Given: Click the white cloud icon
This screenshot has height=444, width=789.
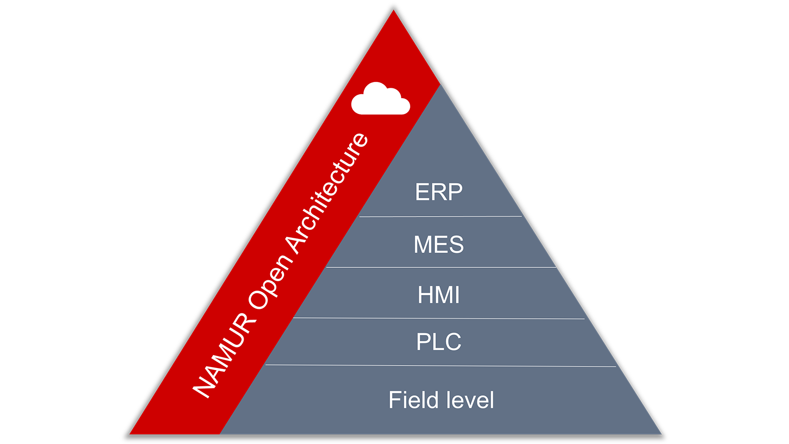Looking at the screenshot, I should click(380, 100).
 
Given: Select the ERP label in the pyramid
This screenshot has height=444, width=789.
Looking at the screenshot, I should click(439, 192).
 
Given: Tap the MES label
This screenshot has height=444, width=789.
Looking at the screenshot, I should click(439, 244).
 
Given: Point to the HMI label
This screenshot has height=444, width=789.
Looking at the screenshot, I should click(439, 295).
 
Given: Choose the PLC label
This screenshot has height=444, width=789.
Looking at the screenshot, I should click(439, 342).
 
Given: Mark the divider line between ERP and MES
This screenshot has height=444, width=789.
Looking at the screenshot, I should click(440, 216).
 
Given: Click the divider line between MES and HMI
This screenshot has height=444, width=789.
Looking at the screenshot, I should click(440, 267).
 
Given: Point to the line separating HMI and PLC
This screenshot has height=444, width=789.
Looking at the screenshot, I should click(439, 318).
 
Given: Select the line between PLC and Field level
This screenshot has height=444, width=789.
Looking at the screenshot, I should click(440, 366).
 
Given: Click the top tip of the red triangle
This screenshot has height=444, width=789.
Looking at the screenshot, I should click(394, 11).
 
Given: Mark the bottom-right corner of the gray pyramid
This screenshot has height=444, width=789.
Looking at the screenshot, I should click(660, 434).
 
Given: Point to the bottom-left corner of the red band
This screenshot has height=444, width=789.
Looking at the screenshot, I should click(131, 434).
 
